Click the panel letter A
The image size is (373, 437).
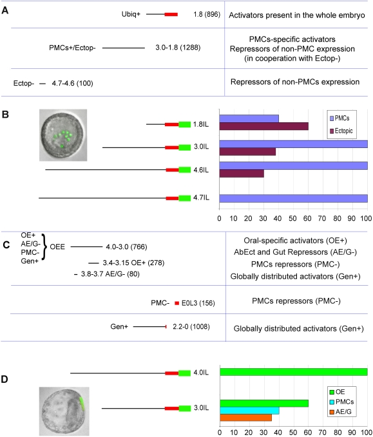pos(5,10)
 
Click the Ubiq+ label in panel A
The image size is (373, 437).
pos(131,14)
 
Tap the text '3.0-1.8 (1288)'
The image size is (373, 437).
pos(178,48)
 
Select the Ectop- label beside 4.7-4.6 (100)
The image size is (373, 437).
pos(24,83)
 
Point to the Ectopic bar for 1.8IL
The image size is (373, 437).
pos(264,126)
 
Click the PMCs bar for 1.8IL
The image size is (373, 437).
pos(249,118)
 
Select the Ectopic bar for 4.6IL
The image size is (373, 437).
pos(242,174)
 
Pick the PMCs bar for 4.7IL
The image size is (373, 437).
pos(294,198)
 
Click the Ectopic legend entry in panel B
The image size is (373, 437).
pos(341,131)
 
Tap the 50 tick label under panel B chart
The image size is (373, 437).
pos(292,218)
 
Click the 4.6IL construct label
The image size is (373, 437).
pos(201,170)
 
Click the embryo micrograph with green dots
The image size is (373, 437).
pos(63,135)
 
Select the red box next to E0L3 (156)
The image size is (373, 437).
pos(177,303)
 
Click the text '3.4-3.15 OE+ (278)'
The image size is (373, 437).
pos(133,263)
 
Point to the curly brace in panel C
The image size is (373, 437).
pos(44,247)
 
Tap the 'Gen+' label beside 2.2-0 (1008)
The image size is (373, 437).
pos(119,326)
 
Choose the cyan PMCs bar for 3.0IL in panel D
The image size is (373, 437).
pos(249,411)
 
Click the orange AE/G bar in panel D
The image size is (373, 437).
pos(246,418)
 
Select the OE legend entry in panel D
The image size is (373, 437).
pos(338,392)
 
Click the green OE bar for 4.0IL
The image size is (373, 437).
pos(294,372)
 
